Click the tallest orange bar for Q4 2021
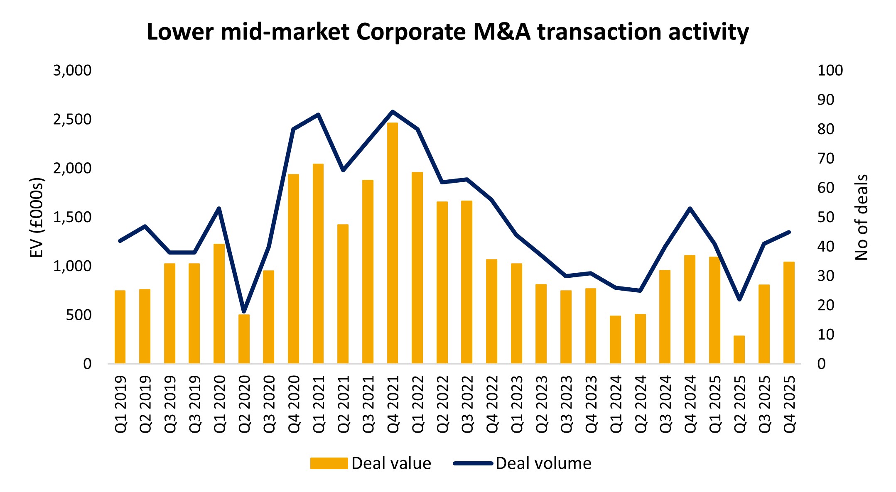pos(393,243)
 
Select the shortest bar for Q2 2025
pos(739,350)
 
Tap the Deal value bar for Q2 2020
pos(244,339)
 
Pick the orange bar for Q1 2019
pos(120,327)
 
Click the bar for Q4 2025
pos(789,313)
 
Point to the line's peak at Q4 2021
pos(393,111)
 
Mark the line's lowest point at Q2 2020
pos(244,311)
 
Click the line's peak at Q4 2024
pos(690,208)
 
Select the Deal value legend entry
pos(371,463)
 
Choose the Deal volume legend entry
pos(523,463)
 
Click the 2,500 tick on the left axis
pos(72,120)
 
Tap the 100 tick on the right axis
pos(830,71)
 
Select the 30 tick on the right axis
pos(825,276)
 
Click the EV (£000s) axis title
pos(37,218)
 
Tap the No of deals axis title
pos(861,218)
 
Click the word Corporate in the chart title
pos(411,32)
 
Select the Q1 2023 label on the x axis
pos(517,404)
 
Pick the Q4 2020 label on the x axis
pos(294,404)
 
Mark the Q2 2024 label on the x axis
pos(640,404)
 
